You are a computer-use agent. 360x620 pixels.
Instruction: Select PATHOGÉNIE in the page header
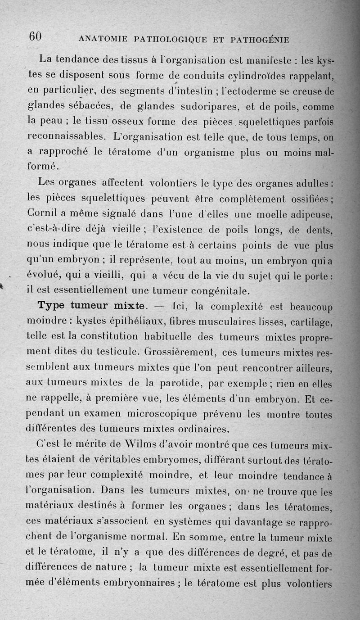[259, 39]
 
